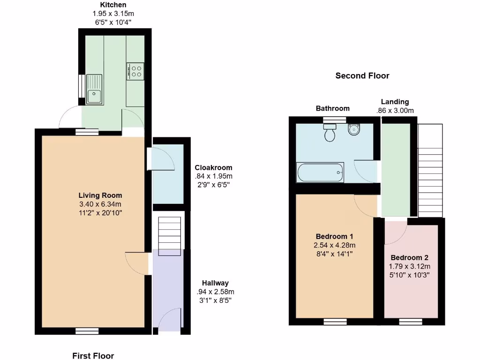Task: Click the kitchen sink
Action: [94, 89]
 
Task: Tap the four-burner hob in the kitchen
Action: [135, 71]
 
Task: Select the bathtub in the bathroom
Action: [320, 172]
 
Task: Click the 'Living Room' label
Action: [100, 195]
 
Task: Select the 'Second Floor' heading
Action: [362, 75]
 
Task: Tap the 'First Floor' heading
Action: [93, 356]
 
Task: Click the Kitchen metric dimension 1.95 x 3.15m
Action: [110, 14]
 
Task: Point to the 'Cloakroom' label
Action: [213, 167]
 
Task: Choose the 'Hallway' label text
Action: [215, 283]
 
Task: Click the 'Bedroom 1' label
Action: [334, 236]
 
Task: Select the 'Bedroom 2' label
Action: [409, 257]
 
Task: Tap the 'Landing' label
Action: [395, 101]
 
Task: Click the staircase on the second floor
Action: [430, 171]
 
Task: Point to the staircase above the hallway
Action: [169, 236]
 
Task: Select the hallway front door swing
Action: [170, 320]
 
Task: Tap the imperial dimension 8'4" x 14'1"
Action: [334, 254]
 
